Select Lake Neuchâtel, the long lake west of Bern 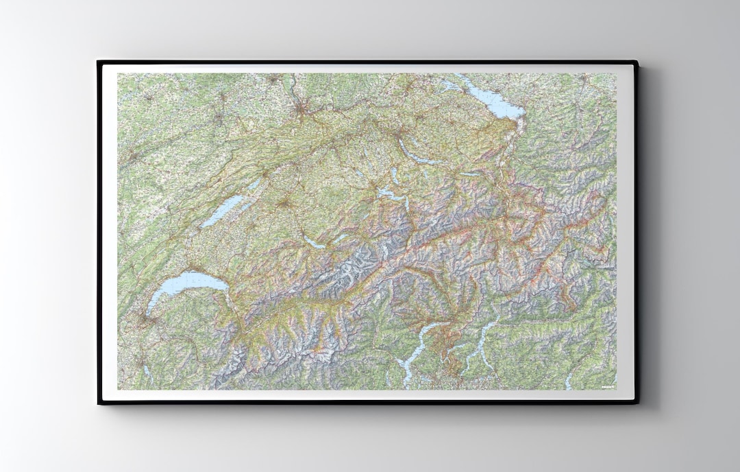pos(226,209)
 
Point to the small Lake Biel pos(254,186)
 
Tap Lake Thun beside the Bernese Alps pos(314,243)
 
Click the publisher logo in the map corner pos(606,386)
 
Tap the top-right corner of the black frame pos(637,62)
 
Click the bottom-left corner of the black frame pos(99,403)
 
